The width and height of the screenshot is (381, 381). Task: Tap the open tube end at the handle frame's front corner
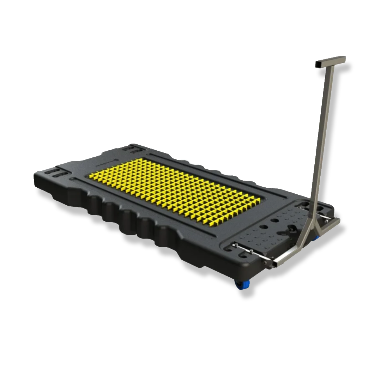tap(266, 263)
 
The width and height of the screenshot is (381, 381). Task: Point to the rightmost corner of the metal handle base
tap(339, 219)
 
